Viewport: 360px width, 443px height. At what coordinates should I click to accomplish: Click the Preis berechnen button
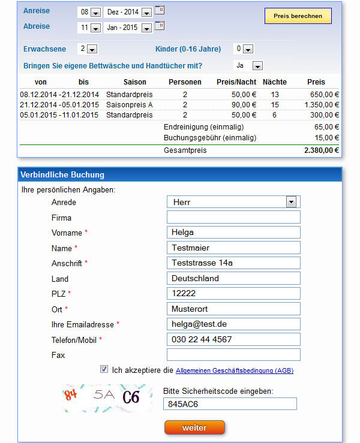click(298, 16)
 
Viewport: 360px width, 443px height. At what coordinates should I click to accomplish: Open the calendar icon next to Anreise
click(160, 10)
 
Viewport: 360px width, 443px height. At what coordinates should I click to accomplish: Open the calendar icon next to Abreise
click(160, 26)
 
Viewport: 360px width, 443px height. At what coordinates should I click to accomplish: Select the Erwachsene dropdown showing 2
click(89, 49)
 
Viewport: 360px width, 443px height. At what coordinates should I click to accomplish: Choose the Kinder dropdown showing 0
click(244, 49)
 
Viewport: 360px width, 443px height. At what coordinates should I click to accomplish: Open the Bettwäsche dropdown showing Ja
click(248, 65)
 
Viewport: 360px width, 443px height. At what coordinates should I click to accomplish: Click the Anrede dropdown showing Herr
click(233, 202)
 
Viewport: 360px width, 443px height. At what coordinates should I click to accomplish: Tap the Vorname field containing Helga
click(233, 233)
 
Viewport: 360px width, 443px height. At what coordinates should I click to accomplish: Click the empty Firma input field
click(233, 217)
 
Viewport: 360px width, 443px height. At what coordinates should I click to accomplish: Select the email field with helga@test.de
click(233, 324)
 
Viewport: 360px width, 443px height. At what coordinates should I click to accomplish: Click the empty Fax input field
click(233, 354)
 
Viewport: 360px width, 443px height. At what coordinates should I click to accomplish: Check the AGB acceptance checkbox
click(104, 369)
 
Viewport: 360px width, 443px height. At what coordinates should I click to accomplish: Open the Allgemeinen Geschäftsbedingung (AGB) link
click(235, 371)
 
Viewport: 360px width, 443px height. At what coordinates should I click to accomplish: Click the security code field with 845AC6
click(230, 403)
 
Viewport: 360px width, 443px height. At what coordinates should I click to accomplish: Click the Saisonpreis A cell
click(129, 104)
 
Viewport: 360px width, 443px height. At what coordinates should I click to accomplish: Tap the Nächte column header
click(275, 82)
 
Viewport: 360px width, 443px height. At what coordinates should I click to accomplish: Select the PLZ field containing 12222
click(233, 293)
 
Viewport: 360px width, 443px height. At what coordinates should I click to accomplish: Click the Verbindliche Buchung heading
click(62, 174)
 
